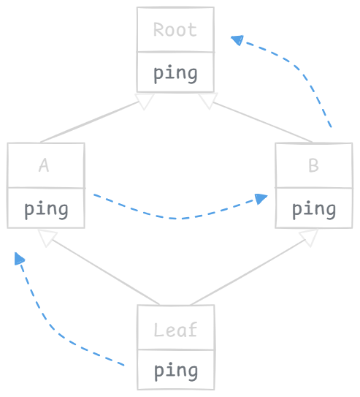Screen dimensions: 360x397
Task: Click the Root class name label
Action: pyautogui.click(x=175, y=30)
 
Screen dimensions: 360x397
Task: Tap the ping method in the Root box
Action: pyautogui.click(x=175, y=74)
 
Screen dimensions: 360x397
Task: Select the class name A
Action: pyautogui.click(x=44, y=165)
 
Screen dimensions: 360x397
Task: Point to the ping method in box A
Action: pyautogui.click(x=46, y=210)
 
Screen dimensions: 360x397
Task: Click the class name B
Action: pyautogui.click(x=313, y=165)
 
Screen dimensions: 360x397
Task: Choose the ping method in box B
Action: pyautogui.click(x=314, y=210)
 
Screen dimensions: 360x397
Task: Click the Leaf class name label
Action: pyautogui.click(x=175, y=330)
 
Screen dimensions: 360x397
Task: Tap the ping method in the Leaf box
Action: pyautogui.click(x=176, y=371)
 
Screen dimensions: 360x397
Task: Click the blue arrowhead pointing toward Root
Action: pyautogui.click(x=237, y=39)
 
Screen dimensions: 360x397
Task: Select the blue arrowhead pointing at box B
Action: pyautogui.click(x=261, y=199)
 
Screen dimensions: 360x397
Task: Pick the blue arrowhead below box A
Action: pyautogui.click(x=19, y=259)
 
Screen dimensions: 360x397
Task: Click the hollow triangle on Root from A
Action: pyautogui.click(x=145, y=101)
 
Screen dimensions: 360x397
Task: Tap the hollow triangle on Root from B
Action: pyautogui.click(x=208, y=100)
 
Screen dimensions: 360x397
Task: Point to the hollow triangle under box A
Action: pyautogui.click(x=47, y=238)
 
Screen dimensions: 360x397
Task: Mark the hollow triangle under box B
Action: pyautogui.click(x=309, y=238)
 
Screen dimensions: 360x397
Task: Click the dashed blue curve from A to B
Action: pyautogui.click(x=177, y=219)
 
